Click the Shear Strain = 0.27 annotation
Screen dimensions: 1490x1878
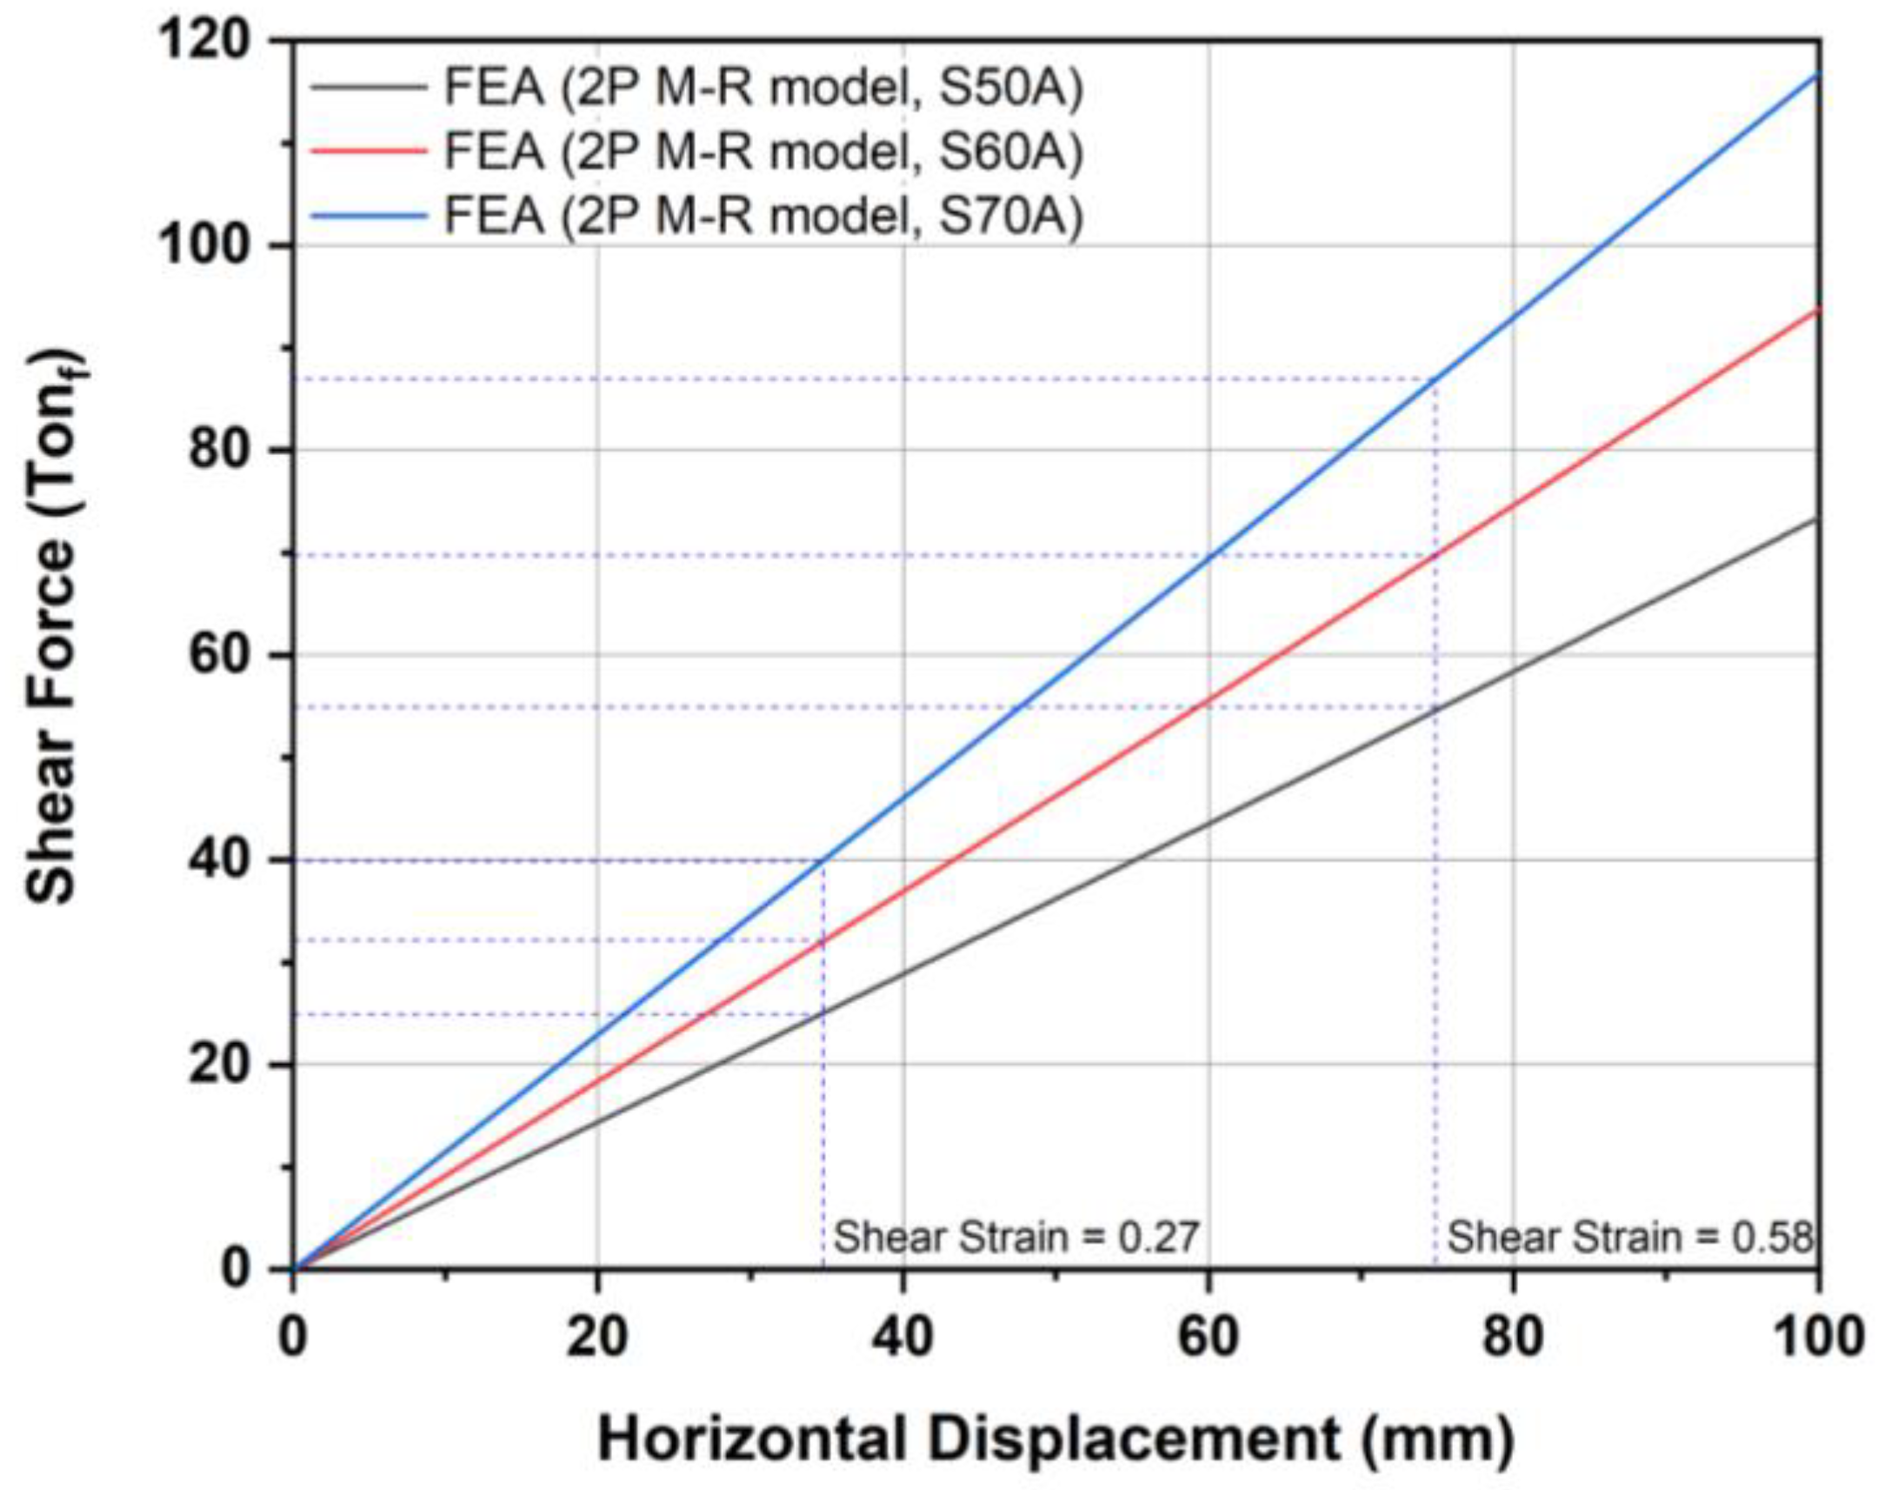(1016, 1237)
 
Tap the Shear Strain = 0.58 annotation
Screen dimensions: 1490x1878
(1629, 1237)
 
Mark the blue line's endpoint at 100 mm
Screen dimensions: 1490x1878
(1818, 73)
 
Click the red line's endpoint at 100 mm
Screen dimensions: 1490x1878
(1818, 310)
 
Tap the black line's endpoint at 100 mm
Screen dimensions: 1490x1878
(1818, 519)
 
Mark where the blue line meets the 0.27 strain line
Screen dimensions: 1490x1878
(824, 860)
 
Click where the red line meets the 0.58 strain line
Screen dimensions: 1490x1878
(1435, 555)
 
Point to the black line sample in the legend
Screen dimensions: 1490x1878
(370, 87)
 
